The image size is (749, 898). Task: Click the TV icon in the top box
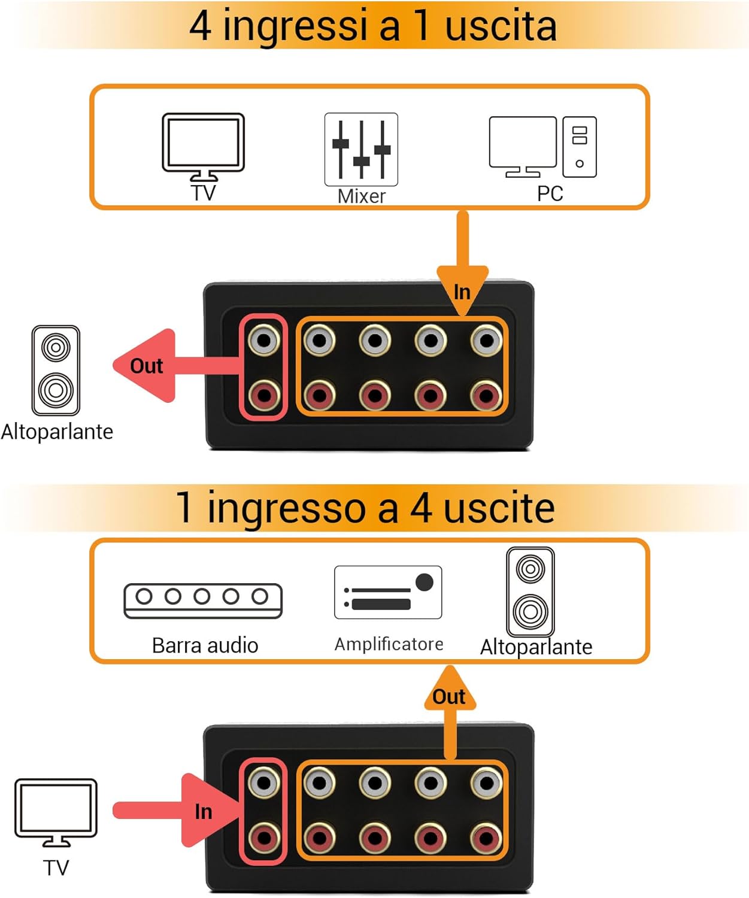tap(203, 145)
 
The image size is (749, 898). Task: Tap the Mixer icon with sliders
tap(361, 150)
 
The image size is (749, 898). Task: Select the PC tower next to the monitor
tap(579, 147)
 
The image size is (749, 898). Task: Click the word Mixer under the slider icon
tap(361, 196)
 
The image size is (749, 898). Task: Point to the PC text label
tap(550, 194)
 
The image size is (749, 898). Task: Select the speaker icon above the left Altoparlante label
tap(56, 370)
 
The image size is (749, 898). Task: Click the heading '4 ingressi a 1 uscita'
tap(373, 26)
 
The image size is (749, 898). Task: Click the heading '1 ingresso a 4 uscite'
tap(366, 508)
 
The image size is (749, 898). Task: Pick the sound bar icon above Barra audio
tap(202, 600)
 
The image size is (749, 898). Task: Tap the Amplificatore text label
tap(389, 644)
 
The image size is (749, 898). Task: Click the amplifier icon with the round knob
tap(388, 592)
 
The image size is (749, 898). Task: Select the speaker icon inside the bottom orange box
tap(530, 591)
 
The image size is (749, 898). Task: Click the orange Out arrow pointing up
tap(450, 700)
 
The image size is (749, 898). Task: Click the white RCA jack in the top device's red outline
tap(264, 341)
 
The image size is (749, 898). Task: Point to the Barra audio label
tap(205, 645)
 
